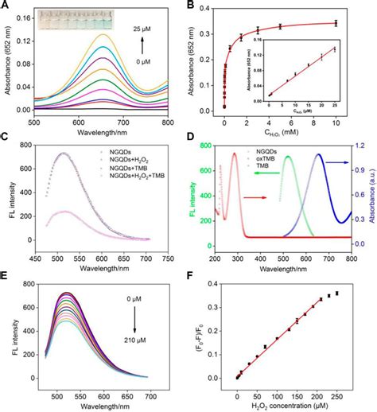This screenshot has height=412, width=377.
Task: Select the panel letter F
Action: point(196,281)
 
